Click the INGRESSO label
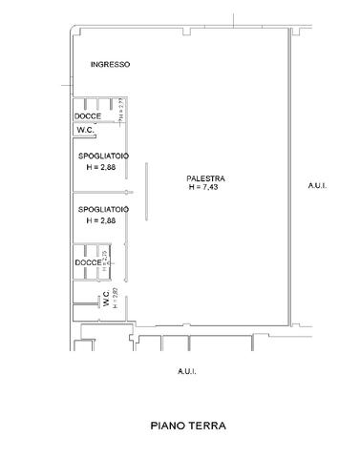110,65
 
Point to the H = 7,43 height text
205,188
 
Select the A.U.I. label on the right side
318,186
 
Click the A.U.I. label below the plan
186,370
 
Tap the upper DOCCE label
89,116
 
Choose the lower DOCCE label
88,262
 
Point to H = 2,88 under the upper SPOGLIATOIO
101,167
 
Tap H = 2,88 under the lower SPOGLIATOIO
101,220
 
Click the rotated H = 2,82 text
116,299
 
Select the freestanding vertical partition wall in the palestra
146,192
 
